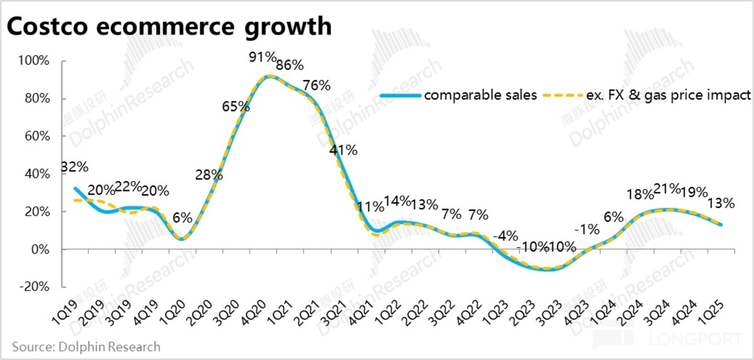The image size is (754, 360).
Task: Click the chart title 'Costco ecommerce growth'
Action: pyautogui.click(x=169, y=26)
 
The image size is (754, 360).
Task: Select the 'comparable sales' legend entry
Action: pyautogui.click(x=480, y=95)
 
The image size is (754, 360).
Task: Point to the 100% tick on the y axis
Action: pyautogui.click(x=36, y=61)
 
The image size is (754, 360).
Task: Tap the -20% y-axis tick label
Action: pyautogui.click(x=36, y=287)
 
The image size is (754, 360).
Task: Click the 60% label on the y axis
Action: pyautogui.click(x=38, y=137)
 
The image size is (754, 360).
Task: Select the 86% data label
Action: pyautogui.click(x=290, y=66)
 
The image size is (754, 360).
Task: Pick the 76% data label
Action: pyautogui.click(x=317, y=85)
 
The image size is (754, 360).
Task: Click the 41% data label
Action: pyautogui.click(x=343, y=150)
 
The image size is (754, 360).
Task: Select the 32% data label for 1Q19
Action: pyautogui.click(x=74, y=168)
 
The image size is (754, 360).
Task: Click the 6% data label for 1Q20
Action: pyautogui.click(x=182, y=217)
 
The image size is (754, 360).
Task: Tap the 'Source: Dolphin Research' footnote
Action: pyautogui.click(x=86, y=346)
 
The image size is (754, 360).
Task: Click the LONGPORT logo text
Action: pyautogui.click(x=697, y=339)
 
